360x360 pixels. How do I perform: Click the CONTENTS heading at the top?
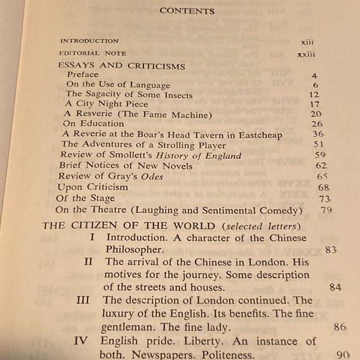pyautogui.click(x=187, y=11)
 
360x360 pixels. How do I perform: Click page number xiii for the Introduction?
pyautogui.click(x=307, y=42)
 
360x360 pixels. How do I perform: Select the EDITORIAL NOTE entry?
pyautogui.click(x=89, y=54)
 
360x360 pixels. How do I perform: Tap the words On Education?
pyautogui.click(x=93, y=124)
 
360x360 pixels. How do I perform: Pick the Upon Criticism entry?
pyautogui.click(x=92, y=187)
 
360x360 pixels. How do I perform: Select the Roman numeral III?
pyautogui.click(x=82, y=300)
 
